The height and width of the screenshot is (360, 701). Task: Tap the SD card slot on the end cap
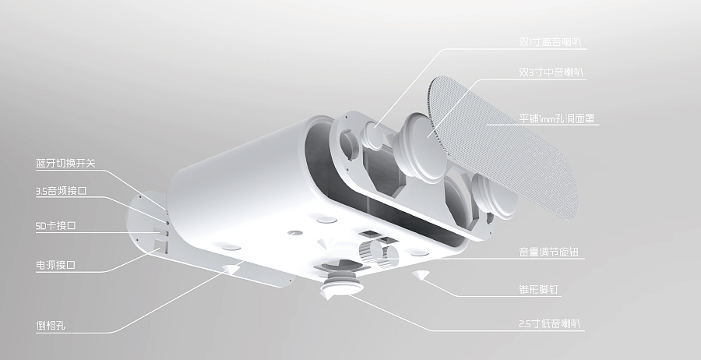(x=163, y=230)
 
